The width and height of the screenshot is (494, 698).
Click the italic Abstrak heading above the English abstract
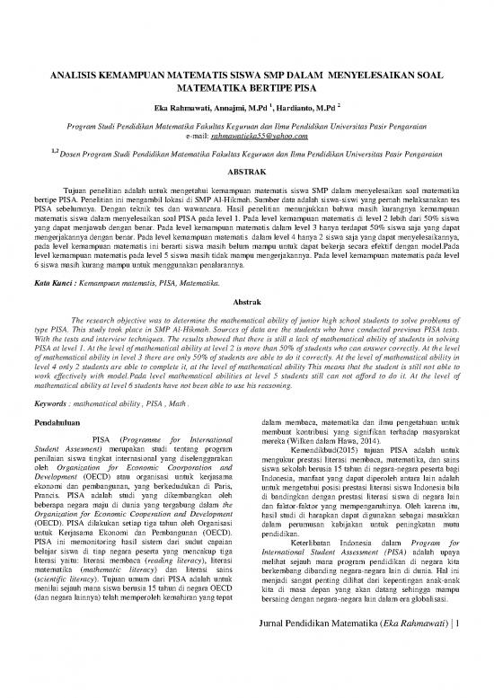tap(246, 305)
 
